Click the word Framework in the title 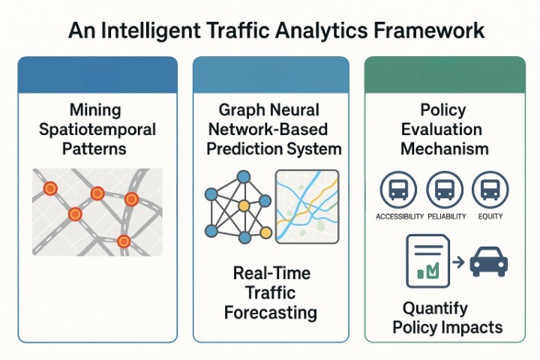click(429, 30)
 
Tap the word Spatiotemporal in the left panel click(97, 130)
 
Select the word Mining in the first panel click(95, 110)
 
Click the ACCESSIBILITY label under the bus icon click(400, 216)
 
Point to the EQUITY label click(490, 216)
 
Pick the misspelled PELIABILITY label click(447, 216)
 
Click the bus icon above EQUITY click(490, 190)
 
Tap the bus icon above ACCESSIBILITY click(398, 190)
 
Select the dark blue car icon click(489, 261)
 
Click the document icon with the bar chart click(428, 261)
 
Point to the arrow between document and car click(458, 262)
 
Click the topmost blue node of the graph click(244, 177)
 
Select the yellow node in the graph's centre click(244, 205)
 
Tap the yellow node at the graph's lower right click(265, 233)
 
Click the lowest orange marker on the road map click(123, 241)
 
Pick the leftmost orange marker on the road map click(50, 188)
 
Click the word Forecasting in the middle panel click(271, 313)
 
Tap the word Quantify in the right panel click(435, 309)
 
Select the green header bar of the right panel click(445, 75)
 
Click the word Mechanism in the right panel click(445, 149)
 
